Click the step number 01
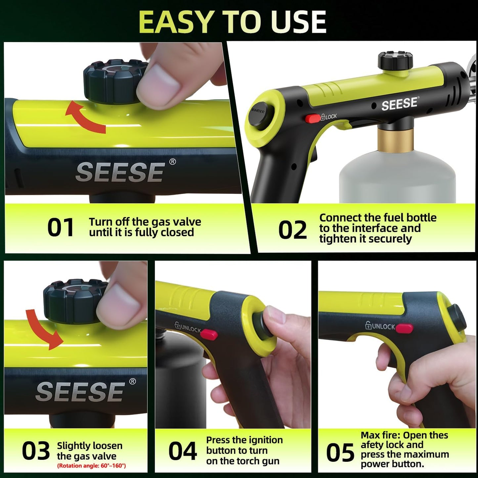click(x=61, y=228)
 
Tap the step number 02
click(x=292, y=230)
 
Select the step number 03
click(x=36, y=451)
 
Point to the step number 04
click(x=182, y=451)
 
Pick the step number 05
click(x=340, y=453)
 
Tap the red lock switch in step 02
click(x=312, y=118)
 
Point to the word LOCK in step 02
click(x=331, y=116)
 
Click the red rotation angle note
click(x=91, y=466)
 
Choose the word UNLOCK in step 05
click(x=383, y=326)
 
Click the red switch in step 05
click(x=404, y=328)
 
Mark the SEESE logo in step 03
click(x=80, y=392)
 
